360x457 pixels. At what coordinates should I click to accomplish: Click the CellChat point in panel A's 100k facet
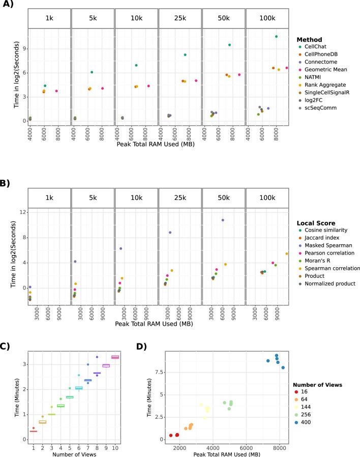pyautogui.click(x=276, y=37)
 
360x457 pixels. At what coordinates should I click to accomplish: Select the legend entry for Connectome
pyautogui.click(x=320, y=62)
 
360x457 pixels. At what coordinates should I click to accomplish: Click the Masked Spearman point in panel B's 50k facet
pyautogui.click(x=223, y=220)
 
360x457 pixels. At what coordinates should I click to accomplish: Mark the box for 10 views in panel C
pyautogui.click(x=115, y=357)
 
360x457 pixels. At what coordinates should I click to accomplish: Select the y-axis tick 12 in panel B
pyautogui.click(x=22, y=212)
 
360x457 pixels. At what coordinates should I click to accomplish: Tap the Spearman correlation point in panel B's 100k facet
pyautogui.click(x=287, y=253)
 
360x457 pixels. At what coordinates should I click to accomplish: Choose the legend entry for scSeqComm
pyautogui.click(x=319, y=108)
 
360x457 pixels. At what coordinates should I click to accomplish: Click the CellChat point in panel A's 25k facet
pyautogui.click(x=185, y=55)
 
